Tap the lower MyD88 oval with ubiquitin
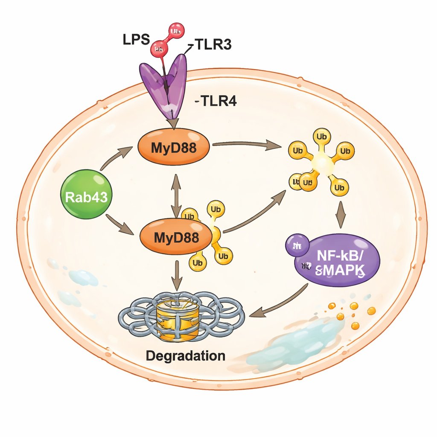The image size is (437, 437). click(x=176, y=237)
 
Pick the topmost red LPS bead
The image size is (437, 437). click(x=176, y=30)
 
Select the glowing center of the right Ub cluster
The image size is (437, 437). click(x=321, y=163)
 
